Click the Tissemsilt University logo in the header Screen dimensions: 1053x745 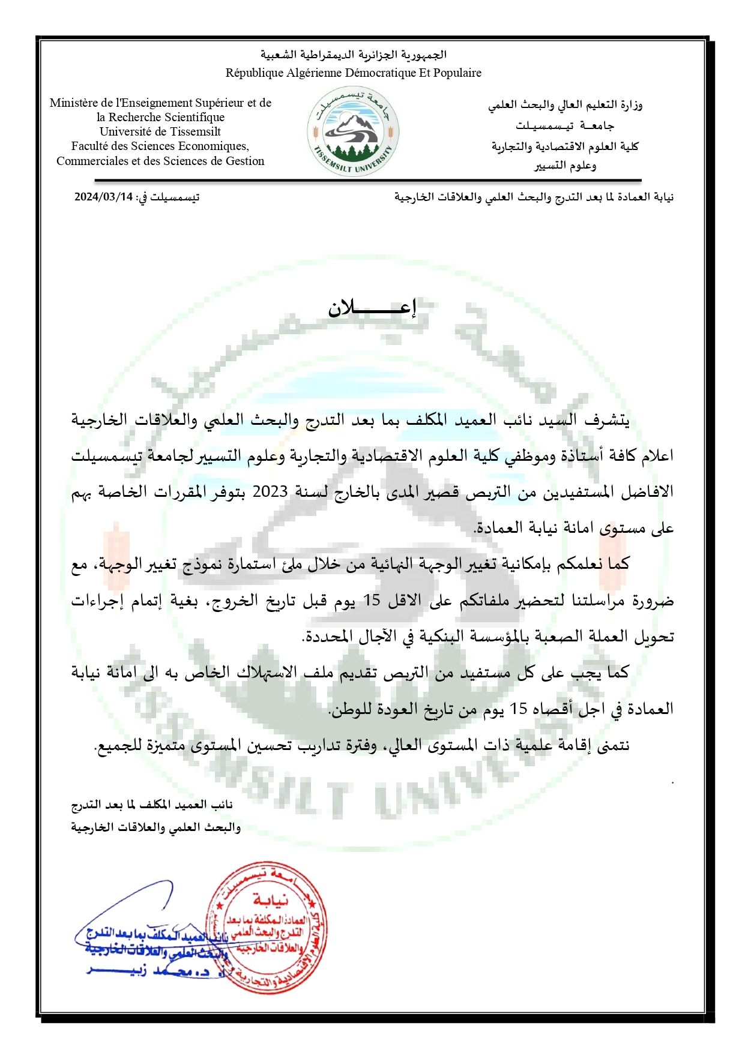[x=354, y=131]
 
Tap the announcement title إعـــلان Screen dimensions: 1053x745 [x=372, y=308]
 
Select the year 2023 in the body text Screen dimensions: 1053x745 [x=270, y=492]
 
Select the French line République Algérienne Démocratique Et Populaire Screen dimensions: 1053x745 [x=353, y=73]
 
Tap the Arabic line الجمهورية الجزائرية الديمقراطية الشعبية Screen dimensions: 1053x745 [x=353, y=55]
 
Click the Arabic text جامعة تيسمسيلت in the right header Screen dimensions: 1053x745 [x=564, y=126]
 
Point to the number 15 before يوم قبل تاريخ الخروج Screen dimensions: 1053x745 [x=372, y=601]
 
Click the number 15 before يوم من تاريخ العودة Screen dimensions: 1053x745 [x=519, y=709]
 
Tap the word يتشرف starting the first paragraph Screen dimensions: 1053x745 [x=608, y=420]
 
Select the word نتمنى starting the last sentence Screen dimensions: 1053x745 [x=611, y=745]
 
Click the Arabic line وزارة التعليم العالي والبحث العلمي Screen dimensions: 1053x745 [x=565, y=105]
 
